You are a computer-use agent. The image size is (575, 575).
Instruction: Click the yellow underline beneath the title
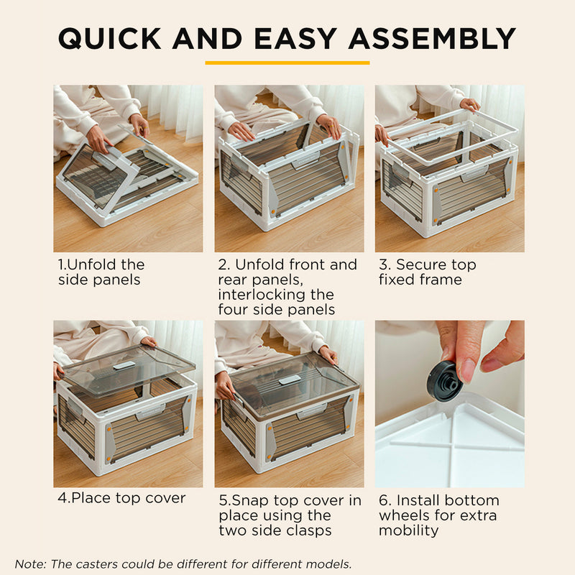point(287,63)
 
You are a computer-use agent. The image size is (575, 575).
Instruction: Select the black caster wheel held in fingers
point(444,380)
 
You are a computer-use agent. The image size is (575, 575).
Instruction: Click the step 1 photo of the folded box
point(128,168)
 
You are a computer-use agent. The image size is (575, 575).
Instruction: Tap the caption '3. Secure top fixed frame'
point(427,272)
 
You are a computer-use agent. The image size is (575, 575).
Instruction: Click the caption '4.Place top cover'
point(121,497)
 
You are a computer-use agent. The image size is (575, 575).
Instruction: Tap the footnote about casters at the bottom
point(183,564)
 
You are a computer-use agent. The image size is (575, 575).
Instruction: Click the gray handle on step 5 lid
point(289,379)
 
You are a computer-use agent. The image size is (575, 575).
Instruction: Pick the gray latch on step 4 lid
point(124,365)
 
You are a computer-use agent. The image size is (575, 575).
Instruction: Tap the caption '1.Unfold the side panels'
point(101,272)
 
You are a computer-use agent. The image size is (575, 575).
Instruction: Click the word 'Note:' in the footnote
point(29,564)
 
